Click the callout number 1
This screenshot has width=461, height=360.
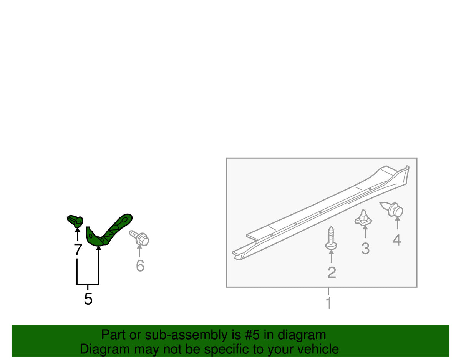point(328,304)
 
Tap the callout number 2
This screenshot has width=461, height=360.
point(332,272)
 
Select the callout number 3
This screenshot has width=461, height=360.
point(365,249)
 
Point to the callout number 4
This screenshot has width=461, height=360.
point(397,240)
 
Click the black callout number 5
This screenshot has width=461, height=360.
point(88,299)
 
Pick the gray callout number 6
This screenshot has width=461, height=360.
point(140,265)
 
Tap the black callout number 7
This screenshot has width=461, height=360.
point(78,249)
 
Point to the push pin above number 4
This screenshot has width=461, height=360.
point(391,209)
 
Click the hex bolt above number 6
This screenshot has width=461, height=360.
point(139,238)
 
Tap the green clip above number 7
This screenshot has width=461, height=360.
point(75,221)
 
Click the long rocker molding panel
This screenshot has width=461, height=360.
point(320,212)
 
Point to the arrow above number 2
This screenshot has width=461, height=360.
point(331,256)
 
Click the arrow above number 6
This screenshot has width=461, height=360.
point(139,251)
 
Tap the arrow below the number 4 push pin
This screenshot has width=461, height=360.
point(397,223)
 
